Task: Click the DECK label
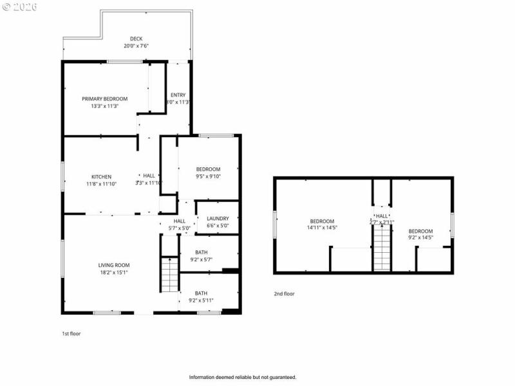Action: [136, 39]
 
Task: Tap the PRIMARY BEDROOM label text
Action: [104, 98]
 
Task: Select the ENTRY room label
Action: [178, 95]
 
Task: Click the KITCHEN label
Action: [101, 176]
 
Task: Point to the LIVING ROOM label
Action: [114, 265]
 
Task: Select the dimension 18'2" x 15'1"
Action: [114, 272]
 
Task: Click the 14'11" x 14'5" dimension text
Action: [322, 228]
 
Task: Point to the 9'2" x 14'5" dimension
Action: [420, 237]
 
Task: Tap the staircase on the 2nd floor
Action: [382, 250]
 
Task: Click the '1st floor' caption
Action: [71, 334]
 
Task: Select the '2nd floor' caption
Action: [284, 293]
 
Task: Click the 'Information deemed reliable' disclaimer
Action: [242, 377]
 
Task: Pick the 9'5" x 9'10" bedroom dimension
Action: [208, 176]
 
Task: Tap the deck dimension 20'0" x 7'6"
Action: [136, 46]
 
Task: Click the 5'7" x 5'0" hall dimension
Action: [179, 228]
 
